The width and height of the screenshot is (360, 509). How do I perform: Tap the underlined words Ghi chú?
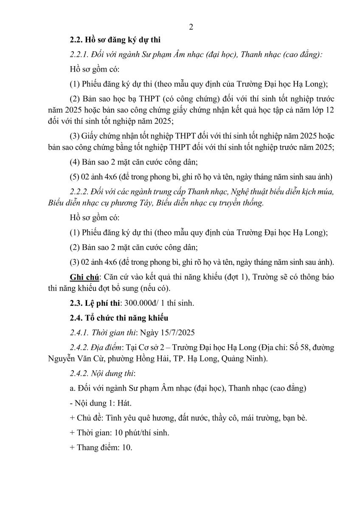click(84, 277)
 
